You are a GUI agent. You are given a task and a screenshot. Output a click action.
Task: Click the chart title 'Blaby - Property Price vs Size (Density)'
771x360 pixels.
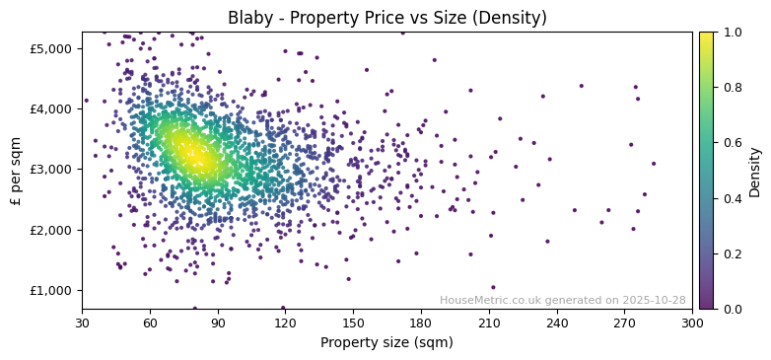click(x=386, y=18)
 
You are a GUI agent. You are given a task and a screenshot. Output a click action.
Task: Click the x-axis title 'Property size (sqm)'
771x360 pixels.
click(x=386, y=342)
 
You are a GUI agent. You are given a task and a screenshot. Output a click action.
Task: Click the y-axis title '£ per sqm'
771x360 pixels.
click(x=16, y=171)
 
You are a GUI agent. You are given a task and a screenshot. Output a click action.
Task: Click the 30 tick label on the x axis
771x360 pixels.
click(x=82, y=323)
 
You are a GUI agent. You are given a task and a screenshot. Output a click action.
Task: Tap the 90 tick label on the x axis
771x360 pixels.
click(x=218, y=323)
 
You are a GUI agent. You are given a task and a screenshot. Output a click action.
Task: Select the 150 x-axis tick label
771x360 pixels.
click(x=353, y=323)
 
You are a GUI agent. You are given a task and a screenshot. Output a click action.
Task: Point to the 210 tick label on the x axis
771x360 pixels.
click(x=489, y=323)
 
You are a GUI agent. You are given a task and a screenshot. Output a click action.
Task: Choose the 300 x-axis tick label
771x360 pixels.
click(x=692, y=323)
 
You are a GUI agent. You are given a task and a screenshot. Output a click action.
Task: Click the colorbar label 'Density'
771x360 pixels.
click(x=754, y=171)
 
